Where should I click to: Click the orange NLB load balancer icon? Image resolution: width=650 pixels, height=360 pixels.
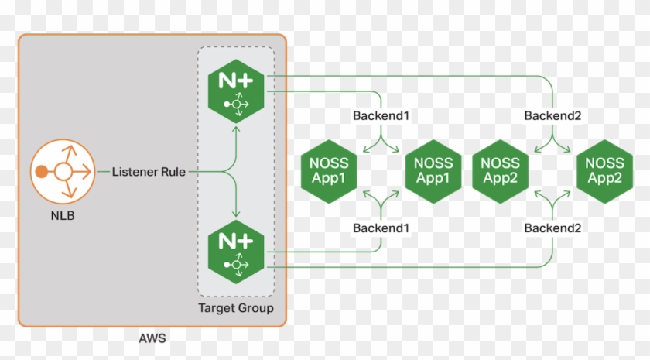(x=61, y=171)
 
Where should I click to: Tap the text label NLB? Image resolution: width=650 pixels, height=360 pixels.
(x=62, y=218)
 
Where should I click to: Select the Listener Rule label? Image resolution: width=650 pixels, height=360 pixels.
(x=149, y=172)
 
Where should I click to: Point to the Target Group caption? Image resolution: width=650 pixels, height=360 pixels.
(x=236, y=309)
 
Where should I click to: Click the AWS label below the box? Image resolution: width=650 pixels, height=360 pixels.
(x=152, y=338)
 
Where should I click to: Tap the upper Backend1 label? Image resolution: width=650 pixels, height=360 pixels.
(x=381, y=116)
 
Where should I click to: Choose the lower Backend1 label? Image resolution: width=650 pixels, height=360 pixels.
(x=381, y=228)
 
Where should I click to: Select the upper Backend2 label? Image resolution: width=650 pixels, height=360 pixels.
(x=552, y=116)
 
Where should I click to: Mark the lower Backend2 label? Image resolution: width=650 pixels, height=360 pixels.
(x=552, y=228)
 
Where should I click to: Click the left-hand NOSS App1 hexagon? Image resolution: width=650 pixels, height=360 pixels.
(x=328, y=171)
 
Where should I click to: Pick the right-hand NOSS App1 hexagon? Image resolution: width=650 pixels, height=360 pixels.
(x=433, y=171)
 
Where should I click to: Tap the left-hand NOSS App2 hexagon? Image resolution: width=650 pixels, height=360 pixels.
(x=500, y=171)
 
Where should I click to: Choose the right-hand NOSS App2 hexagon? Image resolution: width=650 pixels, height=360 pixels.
(x=604, y=171)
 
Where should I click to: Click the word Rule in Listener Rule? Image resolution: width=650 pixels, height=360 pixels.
(x=172, y=172)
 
